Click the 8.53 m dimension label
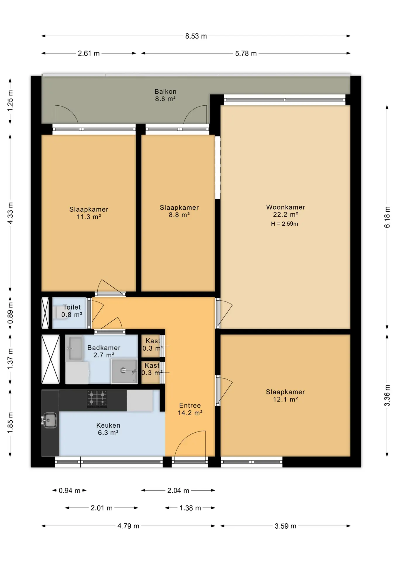pos(196,36)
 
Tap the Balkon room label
pos(165,95)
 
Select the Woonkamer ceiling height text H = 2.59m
pos(284,224)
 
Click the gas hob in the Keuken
pos(97,399)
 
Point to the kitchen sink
pos(49,420)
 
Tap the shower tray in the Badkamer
pos(124,371)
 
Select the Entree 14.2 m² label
pos(190,409)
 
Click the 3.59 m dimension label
pos(285,526)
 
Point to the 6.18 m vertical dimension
pos(387,217)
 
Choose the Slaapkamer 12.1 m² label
pos(285,395)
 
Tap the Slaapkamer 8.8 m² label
pos(179,211)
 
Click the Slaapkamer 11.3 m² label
pos(89,213)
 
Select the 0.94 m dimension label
pos(69,491)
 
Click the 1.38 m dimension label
pos(190,508)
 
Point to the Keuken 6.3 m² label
pos(108,429)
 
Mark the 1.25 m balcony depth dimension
pos(10,101)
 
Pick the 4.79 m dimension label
pos(128,526)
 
